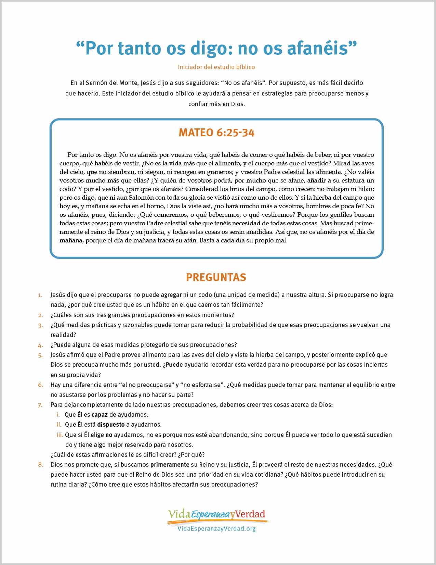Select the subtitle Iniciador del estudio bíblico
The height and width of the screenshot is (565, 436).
click(216, 67)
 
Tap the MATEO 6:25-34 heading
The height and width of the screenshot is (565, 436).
click(216, 133)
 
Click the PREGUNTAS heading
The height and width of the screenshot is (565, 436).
click(216, 277)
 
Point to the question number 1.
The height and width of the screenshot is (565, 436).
click(40, 295)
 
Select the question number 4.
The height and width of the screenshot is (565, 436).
click(40, 345)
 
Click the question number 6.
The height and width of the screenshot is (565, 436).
click(40, 385)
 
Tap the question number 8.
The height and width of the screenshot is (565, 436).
click(40, 465)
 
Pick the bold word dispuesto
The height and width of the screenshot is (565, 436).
click(111, 425)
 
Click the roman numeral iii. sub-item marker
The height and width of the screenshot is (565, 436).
click(60, 435)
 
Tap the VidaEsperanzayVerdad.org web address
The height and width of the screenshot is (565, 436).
click(216, 529)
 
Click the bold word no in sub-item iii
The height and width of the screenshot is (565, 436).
click(109, 435)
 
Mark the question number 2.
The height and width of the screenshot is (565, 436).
click(40, 315)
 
